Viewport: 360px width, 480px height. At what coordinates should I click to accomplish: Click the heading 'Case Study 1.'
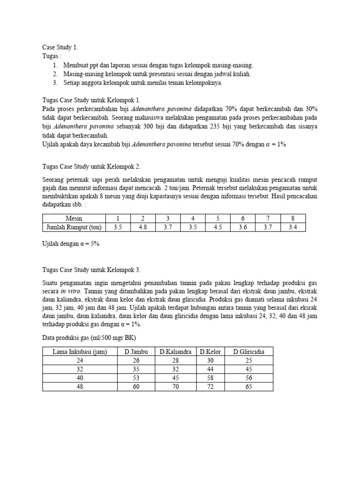click(60, 47)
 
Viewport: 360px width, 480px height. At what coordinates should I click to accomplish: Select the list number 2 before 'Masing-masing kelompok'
click(55, 74)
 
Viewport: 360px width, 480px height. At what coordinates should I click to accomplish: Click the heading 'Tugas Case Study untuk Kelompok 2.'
click(91, 166)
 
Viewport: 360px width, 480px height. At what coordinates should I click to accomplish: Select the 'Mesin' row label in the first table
click(74, 218)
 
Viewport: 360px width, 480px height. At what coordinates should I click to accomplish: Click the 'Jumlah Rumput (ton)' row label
click(74, 227)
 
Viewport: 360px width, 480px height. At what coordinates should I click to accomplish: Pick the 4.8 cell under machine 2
click(142, 227)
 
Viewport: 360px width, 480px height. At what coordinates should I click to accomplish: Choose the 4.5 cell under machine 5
click(218, 227)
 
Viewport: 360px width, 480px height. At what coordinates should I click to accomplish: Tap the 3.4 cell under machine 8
click(293, 227)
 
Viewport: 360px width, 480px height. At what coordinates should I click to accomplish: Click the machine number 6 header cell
click(243, 218)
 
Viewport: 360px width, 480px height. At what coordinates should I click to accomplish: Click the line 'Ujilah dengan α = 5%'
click(71, 244)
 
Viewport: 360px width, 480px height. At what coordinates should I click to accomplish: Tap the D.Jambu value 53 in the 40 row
click(136, 378)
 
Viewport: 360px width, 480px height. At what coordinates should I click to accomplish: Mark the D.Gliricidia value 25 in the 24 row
click(249, 360)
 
